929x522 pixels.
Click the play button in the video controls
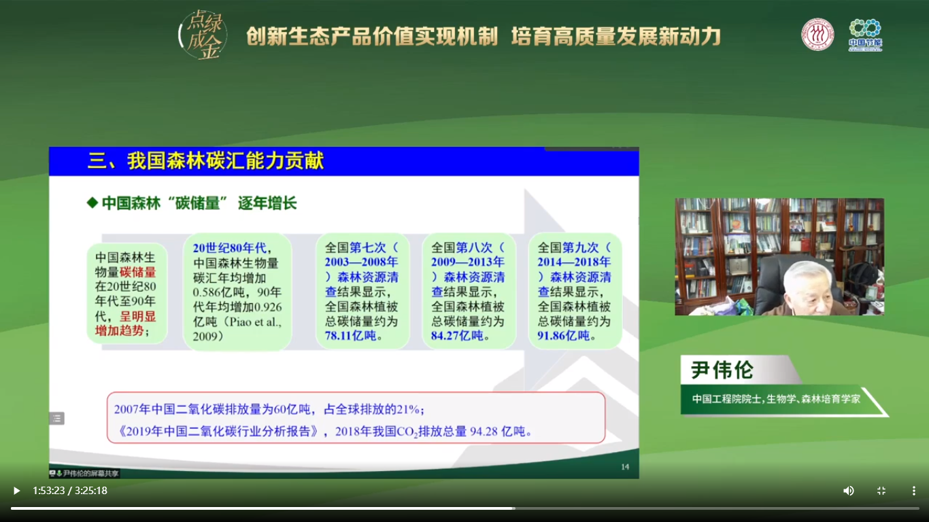[x=16, y=491]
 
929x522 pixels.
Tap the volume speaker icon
[x=848, y=491]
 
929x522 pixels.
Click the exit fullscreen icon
[x=881, y=491]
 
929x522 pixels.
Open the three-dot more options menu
[x=913, y=491]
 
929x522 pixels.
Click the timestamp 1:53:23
[x=48, y=491]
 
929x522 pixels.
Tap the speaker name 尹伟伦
[x=722, y=370]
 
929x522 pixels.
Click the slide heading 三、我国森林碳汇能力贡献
[x=205, y=161]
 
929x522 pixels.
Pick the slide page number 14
[x=625, y=466]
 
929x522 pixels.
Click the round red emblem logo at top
[x=817, y=34]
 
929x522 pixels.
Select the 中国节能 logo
[x=865, y=35]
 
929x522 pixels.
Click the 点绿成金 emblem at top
[x=202, y=34]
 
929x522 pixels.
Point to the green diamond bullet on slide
[x=92, y=203]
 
